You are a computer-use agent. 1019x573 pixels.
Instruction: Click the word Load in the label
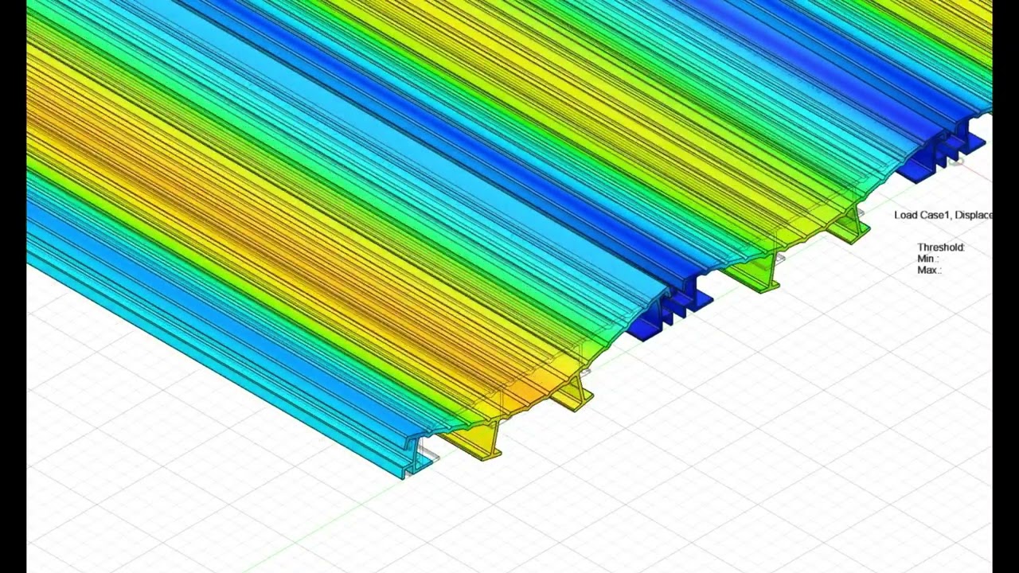[x=905, y=215]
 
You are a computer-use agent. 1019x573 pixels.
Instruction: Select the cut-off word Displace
[x=974, y=215]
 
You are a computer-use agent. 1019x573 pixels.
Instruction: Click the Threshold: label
[x=940, y=248]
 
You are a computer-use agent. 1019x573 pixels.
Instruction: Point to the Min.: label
[x=927, y=259]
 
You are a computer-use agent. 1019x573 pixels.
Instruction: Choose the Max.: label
[x=929, y=270]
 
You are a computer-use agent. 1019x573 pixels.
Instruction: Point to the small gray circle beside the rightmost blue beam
[x=957, y=162]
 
